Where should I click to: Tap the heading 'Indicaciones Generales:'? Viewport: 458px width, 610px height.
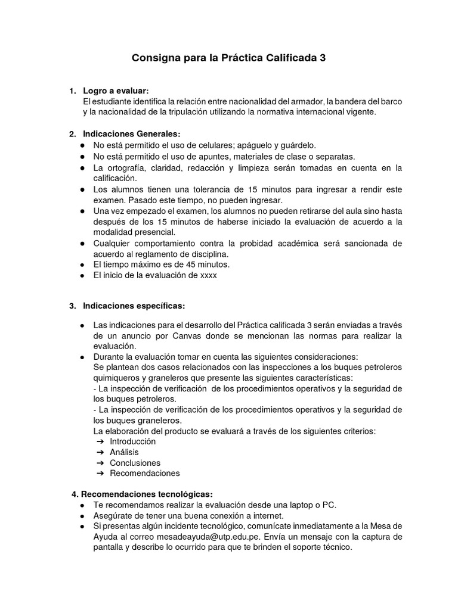click(131, 134)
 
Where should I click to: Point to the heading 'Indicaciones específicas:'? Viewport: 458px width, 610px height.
click(134, 306)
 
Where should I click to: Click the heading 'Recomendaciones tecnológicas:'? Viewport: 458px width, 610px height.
click(146, 494)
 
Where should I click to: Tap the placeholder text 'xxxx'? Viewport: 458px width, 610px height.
click(209, 276)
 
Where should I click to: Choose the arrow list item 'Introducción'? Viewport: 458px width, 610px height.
click(133, 441)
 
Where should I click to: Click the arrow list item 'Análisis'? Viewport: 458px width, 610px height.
click(125, 452)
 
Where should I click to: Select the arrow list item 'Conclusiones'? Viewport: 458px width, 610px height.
click(135, 463)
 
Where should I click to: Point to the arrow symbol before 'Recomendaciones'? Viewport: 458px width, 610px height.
click(100, 474)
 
